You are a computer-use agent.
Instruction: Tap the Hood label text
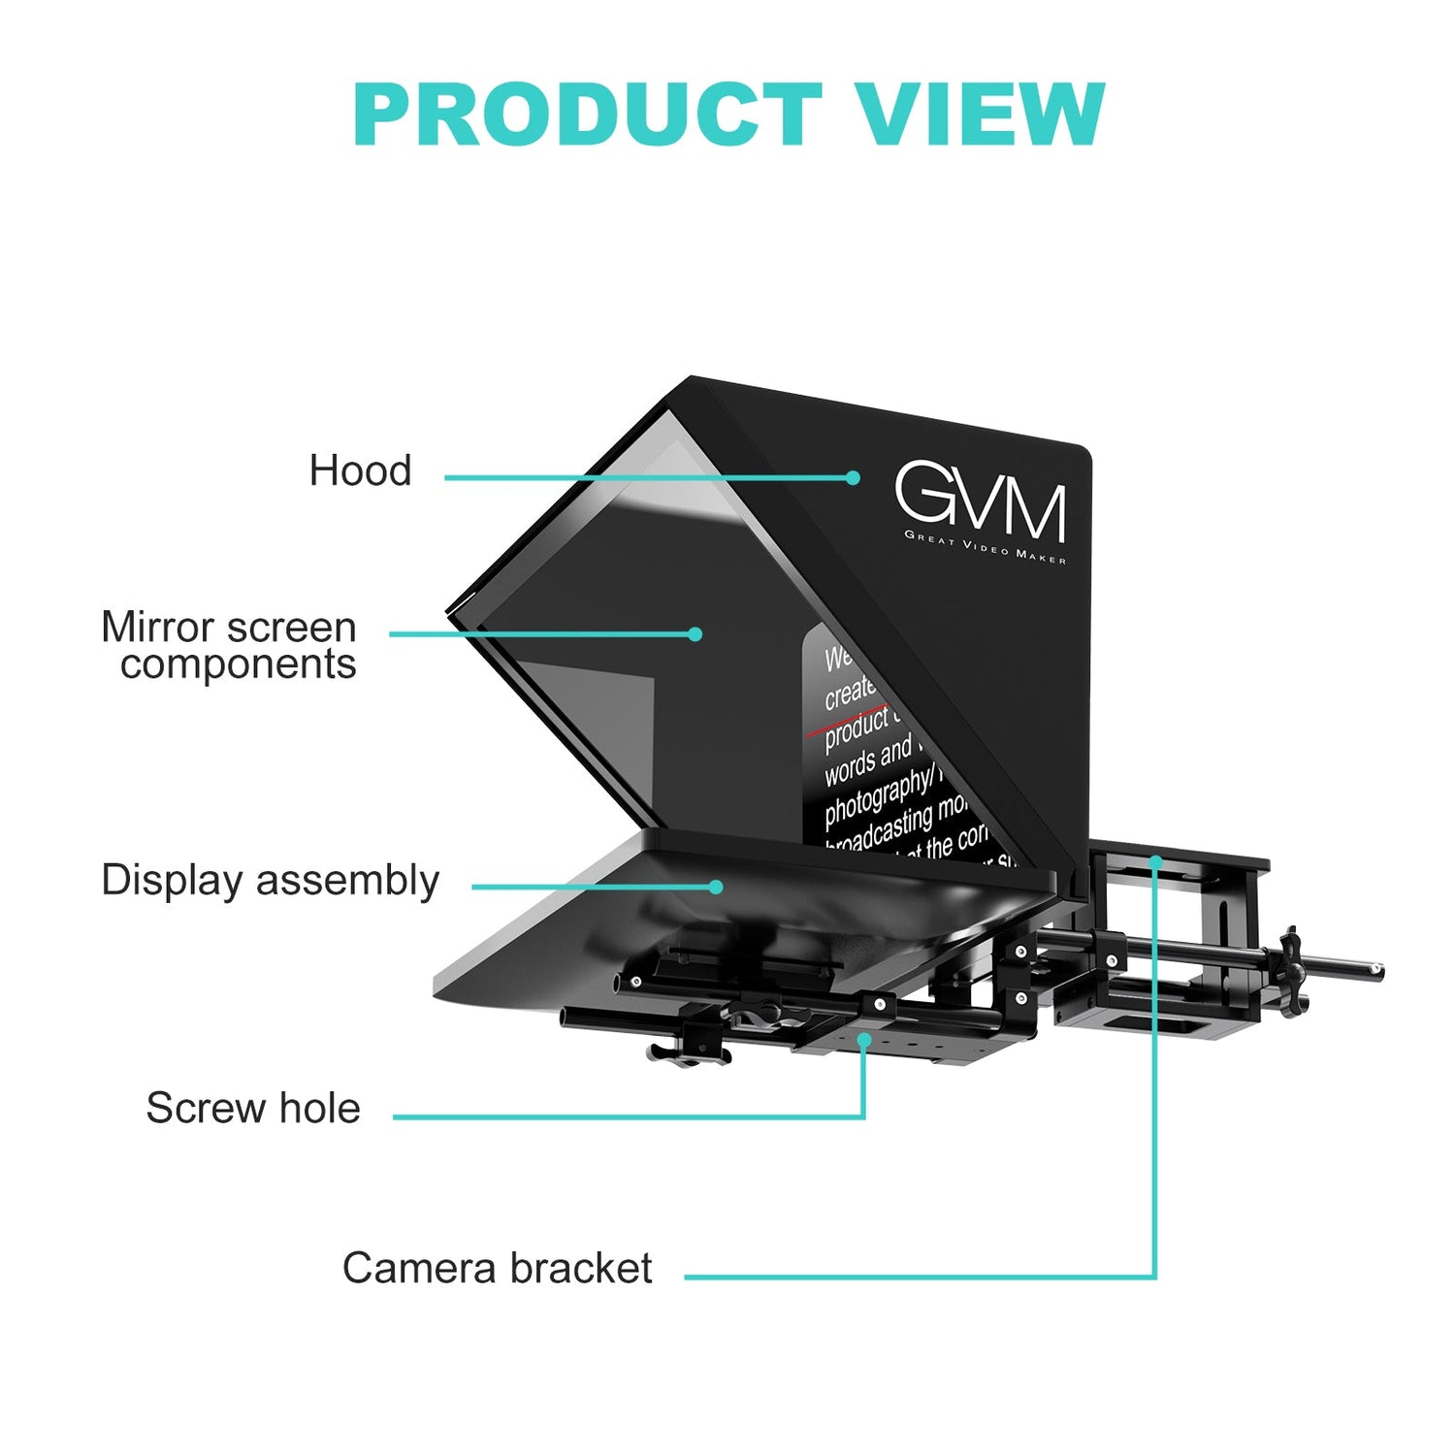pos(360,471)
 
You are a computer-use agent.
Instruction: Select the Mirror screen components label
pos(230,645)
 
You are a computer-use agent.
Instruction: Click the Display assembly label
pos(270,881)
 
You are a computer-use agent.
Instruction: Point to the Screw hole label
pos(253,1108)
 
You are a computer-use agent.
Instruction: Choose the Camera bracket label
pos(497,1268)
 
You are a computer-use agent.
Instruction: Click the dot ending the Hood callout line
pos(853,477)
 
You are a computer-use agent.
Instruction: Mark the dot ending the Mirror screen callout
pos(695,634)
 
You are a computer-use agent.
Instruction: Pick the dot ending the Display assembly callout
pos(716,887)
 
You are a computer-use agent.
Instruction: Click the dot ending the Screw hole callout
pos(863,1039)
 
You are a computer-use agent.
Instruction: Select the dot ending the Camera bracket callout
pos(1154,860)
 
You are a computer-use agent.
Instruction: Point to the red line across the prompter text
pos(844,722)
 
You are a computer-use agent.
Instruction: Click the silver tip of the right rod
pos(1374,967)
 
